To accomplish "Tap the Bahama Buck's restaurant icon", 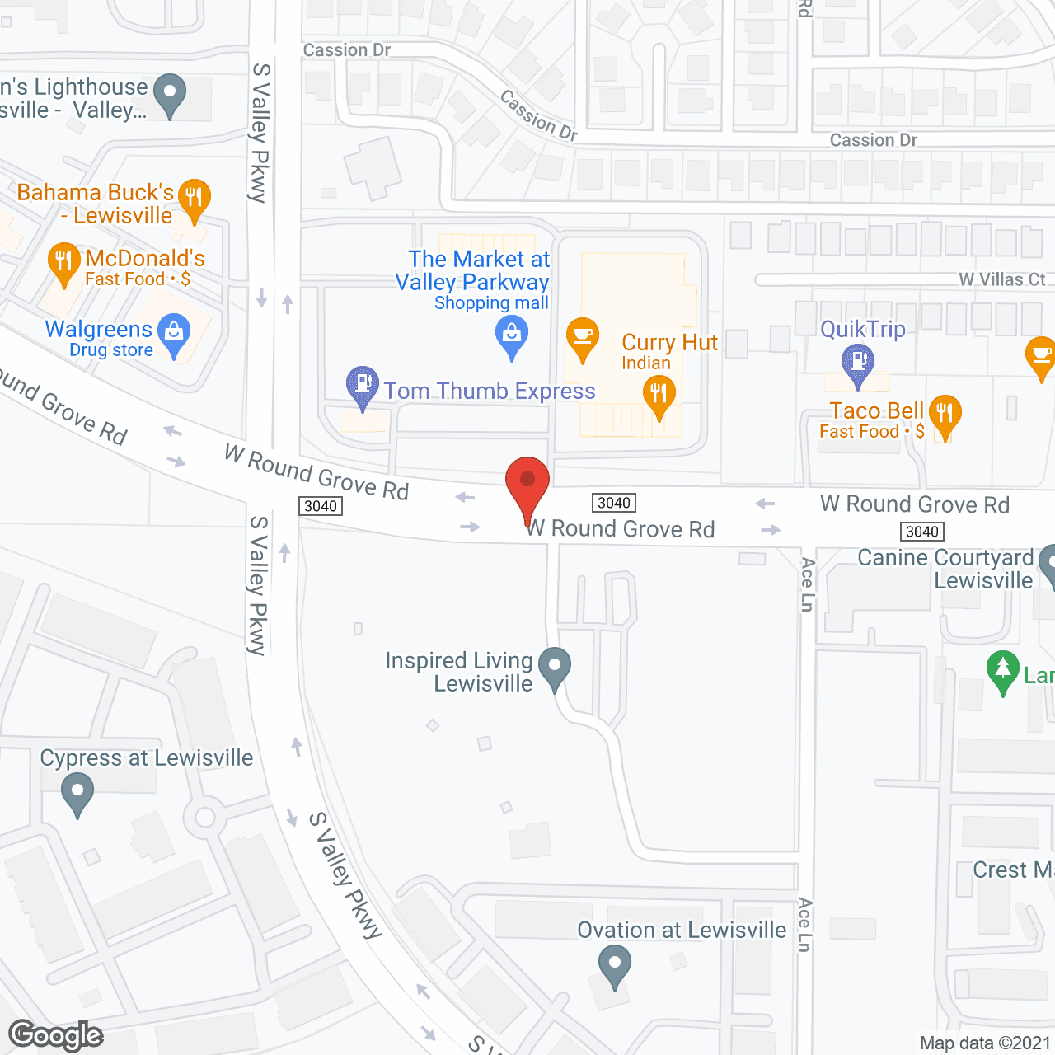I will click(x=194, y=198).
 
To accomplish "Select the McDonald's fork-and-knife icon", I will click(x=63, y=261).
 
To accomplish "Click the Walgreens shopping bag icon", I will click(x=174, y=333).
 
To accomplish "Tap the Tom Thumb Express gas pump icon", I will click(x=362, y=385).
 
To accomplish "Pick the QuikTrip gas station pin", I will click(x=858, y=363).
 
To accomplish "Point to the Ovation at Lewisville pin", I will click(x=614, y=964).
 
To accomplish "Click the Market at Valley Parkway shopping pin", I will click(x=512, y=336).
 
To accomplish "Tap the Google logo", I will click(x=56, y=1035).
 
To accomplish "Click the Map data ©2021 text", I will click(x=985, y=1043).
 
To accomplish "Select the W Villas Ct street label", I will click(x=1001, y=279).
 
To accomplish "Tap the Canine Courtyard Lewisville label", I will click(x=945, y=569).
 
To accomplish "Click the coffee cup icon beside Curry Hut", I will click(x=583, y=337).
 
